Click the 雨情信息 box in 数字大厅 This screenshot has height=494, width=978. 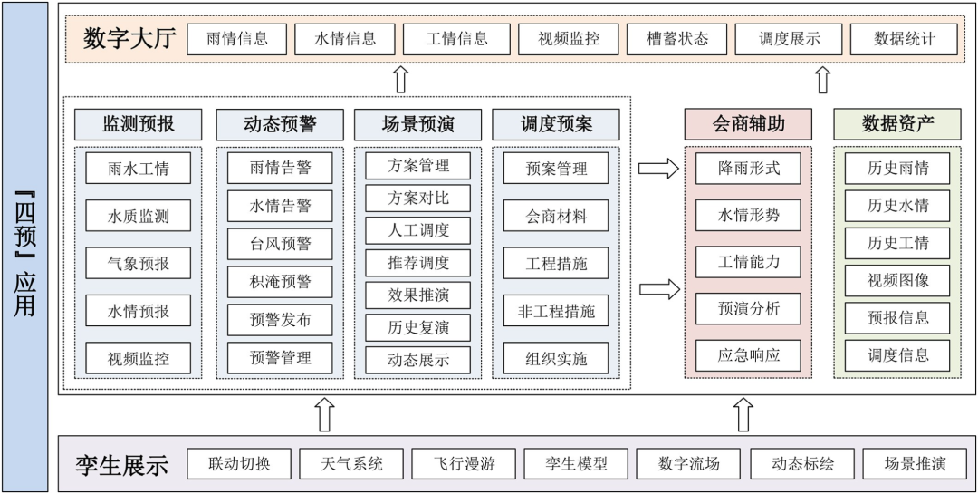(237, 39)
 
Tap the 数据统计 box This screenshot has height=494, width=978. (905, 39)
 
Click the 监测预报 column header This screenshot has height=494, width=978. (139, 124)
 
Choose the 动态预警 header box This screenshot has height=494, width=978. (280, 124)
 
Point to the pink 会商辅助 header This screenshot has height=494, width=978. (748, 124)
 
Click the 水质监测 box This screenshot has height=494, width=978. (139, 216)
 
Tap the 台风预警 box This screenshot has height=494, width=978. (280, 244)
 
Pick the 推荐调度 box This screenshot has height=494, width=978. (418, 263)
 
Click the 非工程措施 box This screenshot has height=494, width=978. (556, 311)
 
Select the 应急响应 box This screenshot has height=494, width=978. (748, 355)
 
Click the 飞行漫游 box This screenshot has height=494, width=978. (465, 464)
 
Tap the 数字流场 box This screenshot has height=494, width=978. (689, 464)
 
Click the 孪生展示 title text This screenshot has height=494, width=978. (121, 465)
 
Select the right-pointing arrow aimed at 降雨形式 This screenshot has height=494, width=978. (657, 169)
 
